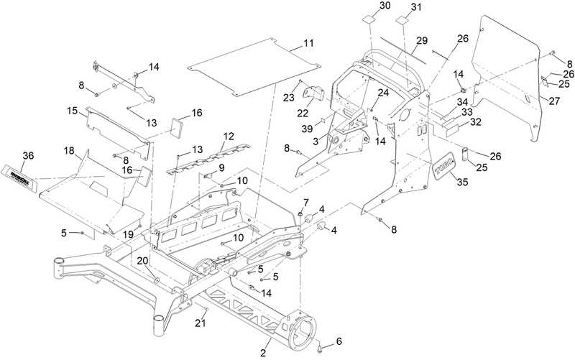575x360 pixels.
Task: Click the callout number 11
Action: point(308,44)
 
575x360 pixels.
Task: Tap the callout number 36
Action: point(27,157)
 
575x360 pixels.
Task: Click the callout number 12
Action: point(229,136)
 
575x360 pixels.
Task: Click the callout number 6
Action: point(340,341)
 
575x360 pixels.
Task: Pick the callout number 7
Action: point(305,202)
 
